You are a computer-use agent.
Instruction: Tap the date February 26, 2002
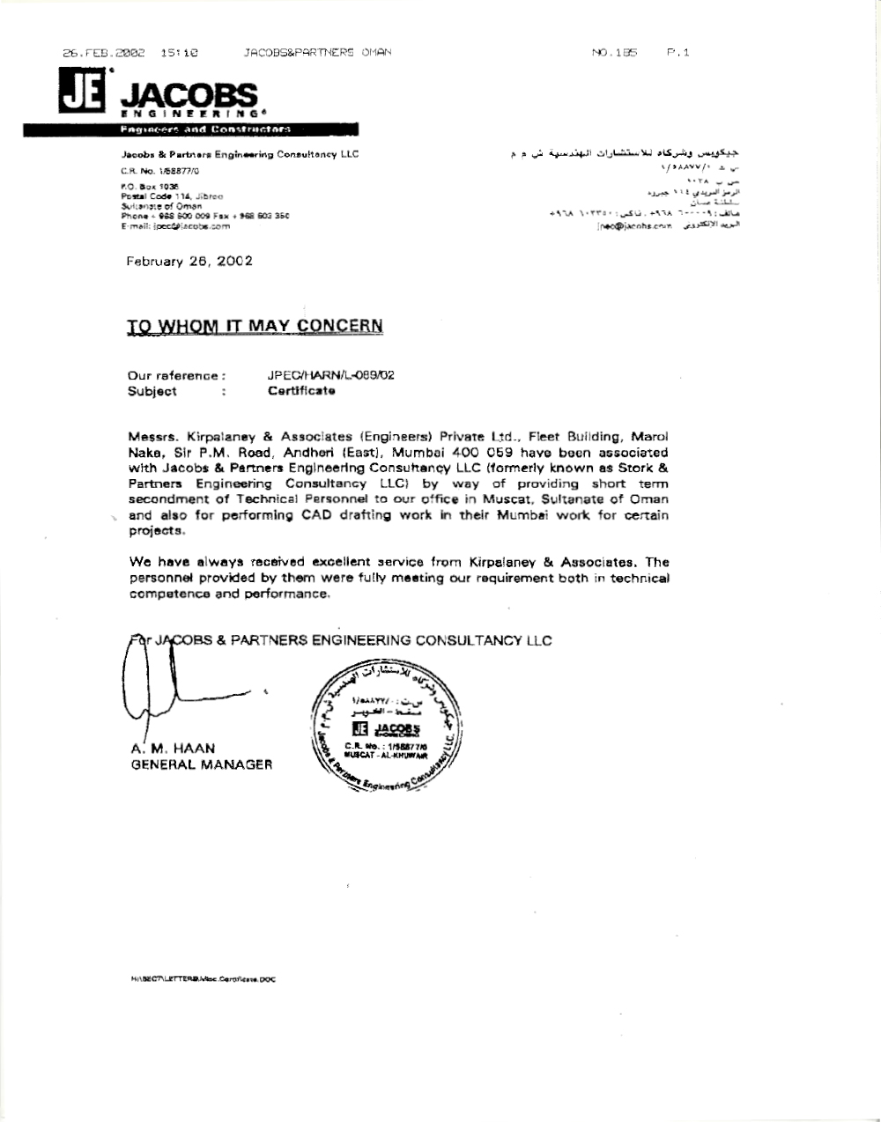[x=189, y=261]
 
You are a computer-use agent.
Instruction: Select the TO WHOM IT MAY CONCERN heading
[x=255, y=326]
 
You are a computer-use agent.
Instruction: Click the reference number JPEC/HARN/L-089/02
[x=330, y=375]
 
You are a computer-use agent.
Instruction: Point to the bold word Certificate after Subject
[x=301, y=391]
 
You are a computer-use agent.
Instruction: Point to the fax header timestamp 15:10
[x=179, y=53]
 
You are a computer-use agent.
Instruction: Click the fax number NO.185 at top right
[x=615, y=53]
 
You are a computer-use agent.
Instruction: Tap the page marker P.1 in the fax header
[x=678, y=53]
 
